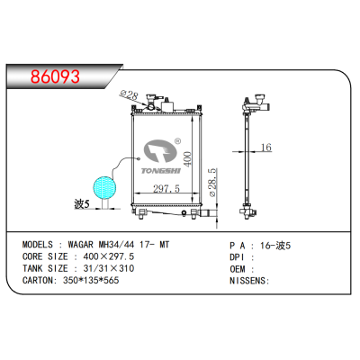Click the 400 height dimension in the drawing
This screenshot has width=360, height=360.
188,158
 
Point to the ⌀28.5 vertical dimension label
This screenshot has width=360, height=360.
211,184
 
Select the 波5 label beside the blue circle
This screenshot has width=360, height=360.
83,204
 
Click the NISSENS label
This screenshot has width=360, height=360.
247,281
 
